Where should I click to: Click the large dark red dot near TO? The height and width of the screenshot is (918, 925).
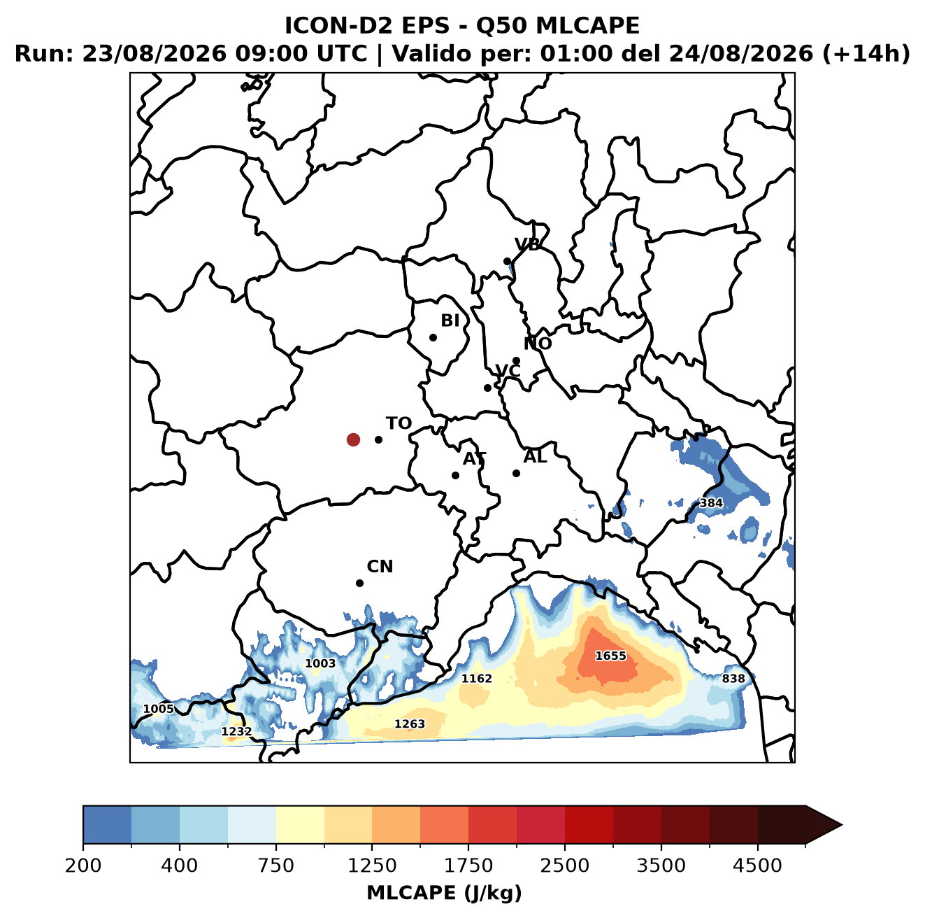click(353, 439)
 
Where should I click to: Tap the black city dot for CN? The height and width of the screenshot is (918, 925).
click(359, 583)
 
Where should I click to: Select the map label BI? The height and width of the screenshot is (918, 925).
click(450, 320)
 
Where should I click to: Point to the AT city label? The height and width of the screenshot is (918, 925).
click(474, 459)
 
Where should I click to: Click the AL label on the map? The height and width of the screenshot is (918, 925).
click(535, 456)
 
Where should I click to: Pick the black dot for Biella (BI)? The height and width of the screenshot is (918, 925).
click(433, 337)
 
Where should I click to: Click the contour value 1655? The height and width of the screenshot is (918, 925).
click(610, 655)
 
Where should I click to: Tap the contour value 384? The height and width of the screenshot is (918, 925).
click(710, 502)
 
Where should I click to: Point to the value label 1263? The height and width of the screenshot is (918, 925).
click(409, 723)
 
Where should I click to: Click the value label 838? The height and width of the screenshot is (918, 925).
click(733, 678)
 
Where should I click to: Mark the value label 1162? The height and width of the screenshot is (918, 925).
click(476, 678)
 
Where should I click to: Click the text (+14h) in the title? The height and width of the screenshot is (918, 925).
click(866, 54)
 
